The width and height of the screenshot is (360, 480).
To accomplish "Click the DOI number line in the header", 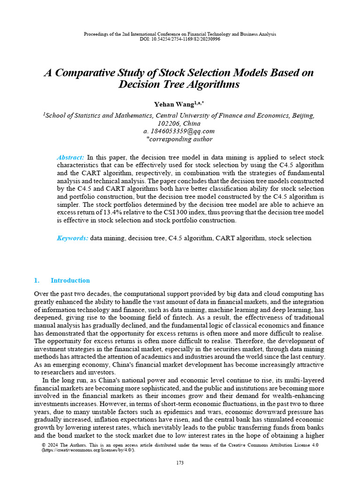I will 180,39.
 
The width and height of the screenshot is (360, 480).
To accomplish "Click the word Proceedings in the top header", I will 96,34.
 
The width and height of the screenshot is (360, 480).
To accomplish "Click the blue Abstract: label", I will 70,157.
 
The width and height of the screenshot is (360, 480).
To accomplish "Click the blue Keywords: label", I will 72,238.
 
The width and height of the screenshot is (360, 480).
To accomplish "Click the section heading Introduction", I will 70,281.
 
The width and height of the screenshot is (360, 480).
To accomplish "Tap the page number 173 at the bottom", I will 180,463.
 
